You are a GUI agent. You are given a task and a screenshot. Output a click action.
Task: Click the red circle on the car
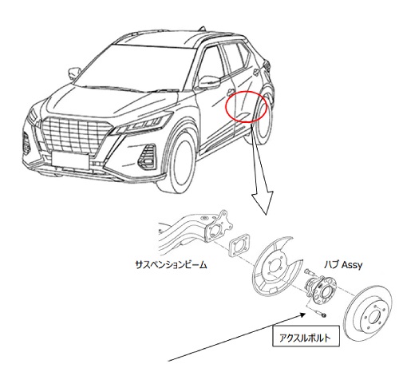coord(226,106)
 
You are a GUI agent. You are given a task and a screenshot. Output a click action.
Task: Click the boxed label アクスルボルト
coord(306,336)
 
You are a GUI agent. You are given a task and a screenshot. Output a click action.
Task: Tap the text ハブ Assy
coord(343,265)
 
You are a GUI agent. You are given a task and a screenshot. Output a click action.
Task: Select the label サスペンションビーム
coord(171,265)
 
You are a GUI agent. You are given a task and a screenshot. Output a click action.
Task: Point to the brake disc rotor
coord(369,314)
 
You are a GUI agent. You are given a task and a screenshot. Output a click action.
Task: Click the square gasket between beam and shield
coord(239,245)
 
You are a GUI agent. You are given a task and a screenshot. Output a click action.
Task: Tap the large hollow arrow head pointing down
coord(263,201)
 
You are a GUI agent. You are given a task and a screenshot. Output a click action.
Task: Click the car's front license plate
coord(70,160)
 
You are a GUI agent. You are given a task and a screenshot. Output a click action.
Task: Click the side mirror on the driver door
coord(210,81)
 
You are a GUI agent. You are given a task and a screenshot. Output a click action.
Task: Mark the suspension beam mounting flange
coord(216,226)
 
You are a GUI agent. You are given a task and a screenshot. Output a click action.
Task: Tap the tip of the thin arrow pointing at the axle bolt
coord(305,313)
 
